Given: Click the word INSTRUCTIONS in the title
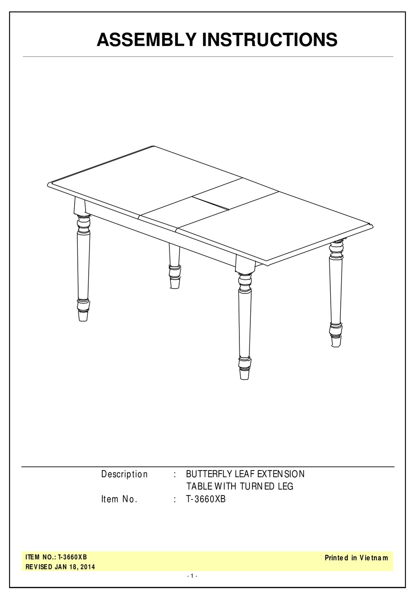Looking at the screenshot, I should [x=269, y=40].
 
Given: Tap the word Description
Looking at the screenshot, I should [x=125, y=474].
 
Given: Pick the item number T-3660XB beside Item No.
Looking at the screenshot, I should [x=206, y=499].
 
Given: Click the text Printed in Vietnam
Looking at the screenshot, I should [x=356, y=558].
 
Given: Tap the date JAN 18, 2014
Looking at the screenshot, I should [x=75, y=567].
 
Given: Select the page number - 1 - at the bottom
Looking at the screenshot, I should [x=192, y=576].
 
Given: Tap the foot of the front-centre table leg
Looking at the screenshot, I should [x=245, y=373].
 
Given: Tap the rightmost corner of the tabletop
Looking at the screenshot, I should [x=371, y=226].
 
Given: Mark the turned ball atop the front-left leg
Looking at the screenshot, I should [x=83, y=223].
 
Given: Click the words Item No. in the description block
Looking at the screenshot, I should [x=119, y=499].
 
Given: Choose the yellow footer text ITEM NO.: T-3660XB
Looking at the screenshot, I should [x=56, y=557].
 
